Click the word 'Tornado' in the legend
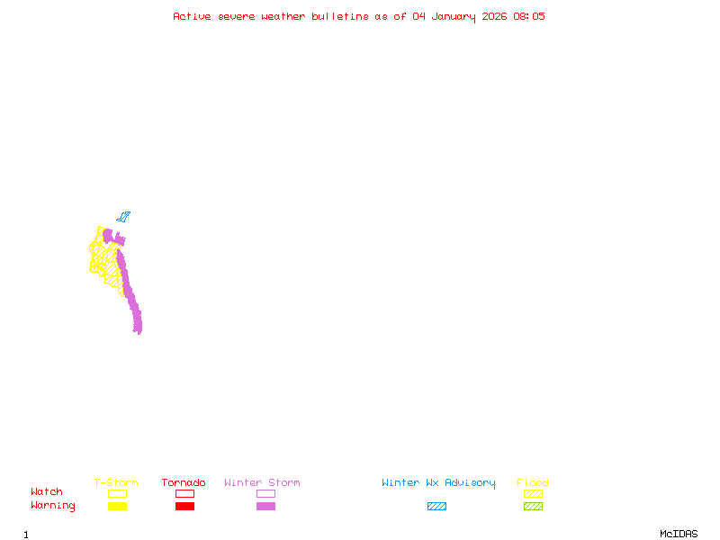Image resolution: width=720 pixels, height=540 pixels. point(184,482)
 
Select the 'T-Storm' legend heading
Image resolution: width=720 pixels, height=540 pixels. point(116,482)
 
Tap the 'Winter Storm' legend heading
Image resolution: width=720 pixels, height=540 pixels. point(262,482)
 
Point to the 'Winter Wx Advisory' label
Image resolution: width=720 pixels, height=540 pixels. point(438,483)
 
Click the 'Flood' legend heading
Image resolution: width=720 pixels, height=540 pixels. point(533,482)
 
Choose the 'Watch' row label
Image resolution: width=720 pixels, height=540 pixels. point(47,491)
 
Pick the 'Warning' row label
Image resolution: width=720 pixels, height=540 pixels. point(53,506)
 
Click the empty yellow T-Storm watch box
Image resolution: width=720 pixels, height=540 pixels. point(118,493)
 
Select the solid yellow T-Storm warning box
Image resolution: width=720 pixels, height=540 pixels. point(118,506)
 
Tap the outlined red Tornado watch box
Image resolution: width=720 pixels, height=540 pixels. point(185,493)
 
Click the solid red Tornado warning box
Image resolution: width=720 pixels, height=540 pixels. point(185,506)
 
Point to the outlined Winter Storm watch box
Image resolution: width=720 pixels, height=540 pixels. point(265,493)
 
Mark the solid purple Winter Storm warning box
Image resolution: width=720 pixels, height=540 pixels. point(265,506)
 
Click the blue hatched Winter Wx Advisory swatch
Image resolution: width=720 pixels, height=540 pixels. point(436,506)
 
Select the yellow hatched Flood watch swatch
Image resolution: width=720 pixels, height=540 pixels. point(533,493)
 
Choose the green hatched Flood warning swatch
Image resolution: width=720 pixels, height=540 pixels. point(533,506)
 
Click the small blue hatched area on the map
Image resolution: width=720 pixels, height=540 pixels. point(123,217)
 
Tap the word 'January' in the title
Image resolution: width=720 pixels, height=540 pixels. point(454,17)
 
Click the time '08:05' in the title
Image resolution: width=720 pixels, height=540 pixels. point(529,16)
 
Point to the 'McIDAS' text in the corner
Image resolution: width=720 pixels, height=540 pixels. point(679,534)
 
